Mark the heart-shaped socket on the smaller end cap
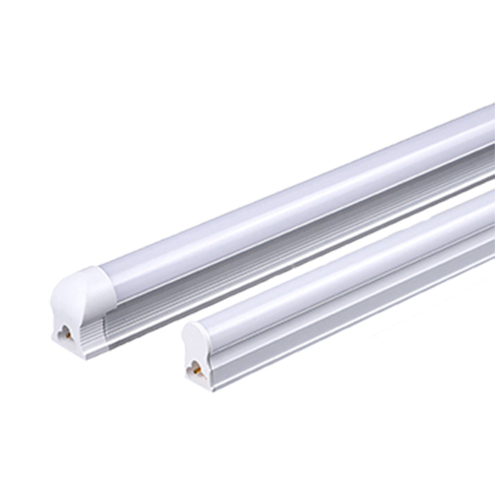point(195,369)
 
